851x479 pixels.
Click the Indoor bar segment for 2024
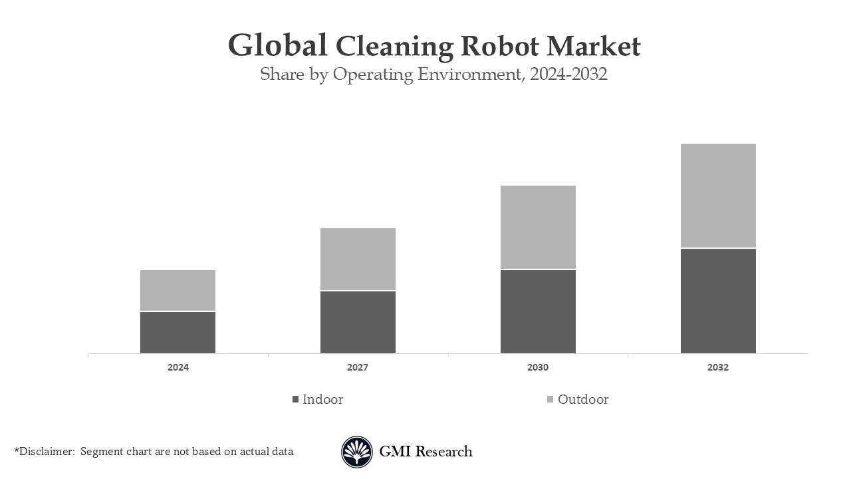pyautogui.click(x=178, y=333)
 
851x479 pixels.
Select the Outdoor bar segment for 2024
pyautogui.click(x=178, y=291)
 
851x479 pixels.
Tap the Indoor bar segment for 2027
pyautogui.click(x=358, y=322)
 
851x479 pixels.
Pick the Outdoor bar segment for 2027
pyautogui.click(x=358, y=259)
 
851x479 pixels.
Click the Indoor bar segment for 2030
pyautogui.click(x=538, y=311)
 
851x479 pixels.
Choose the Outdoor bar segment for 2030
pyautogui.click(x=538, y=228)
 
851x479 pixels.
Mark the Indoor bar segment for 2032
pyautogui.click(x=718, y=301)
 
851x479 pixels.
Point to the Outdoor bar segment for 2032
pyautogui.click(x=718, y=196)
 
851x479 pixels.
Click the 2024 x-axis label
pyautogui.click(x=178, y=367)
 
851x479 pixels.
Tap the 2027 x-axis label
pyautogui.click(x=358, y=367)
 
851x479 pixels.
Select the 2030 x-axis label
pyautogui.click(x=538, y=367)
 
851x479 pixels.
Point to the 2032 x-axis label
pyautogui.click(x=718, y=367)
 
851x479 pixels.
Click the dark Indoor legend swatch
pyautogui.click(x=295, y=400)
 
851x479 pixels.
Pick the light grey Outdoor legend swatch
pyautogui.click(x=550, y=400)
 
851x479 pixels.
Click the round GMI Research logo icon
pyautogui.click(x=357, y=452)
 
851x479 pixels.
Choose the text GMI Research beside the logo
pyautogui.click(x=425, y=452)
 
